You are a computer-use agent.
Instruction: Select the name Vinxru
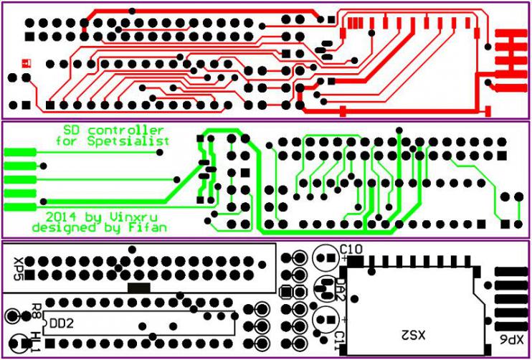click(139, 216)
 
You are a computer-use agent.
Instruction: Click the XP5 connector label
click(19, 268)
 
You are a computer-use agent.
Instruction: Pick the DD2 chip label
click(61, 323)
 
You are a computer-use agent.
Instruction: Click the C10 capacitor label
click(354, 249)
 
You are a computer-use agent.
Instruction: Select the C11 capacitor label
click(340, 338)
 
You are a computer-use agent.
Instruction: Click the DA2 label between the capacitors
click(340, 288)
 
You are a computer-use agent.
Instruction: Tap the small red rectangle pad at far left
click(27, 62)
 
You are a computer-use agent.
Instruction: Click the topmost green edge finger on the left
click(19, 152)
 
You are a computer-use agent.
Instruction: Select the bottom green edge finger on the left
click(19, 207)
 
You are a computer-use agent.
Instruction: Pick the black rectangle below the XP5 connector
click(138, 287)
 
